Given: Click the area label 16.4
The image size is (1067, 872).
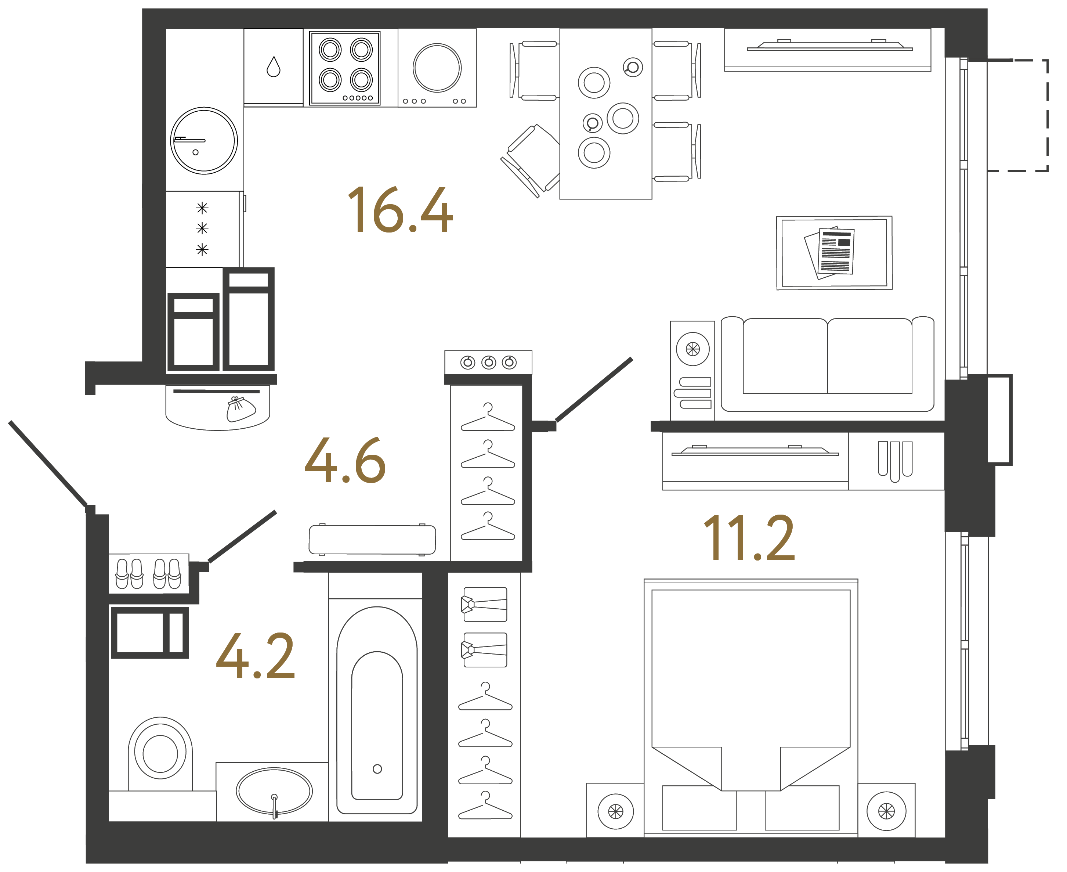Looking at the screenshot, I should click(x=400, y=210).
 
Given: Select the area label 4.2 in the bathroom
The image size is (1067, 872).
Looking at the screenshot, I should click(x=256, y=656).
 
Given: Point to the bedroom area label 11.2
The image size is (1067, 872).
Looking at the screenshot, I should click(x=749, y=538).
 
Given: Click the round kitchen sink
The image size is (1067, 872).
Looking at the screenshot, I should click(x=204, y=141).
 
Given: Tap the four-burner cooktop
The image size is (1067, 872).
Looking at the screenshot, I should click(x=345, y=68).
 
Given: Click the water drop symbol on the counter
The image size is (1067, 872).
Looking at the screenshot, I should click(x=273, y=67).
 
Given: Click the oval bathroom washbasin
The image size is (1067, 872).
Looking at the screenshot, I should click(x=274, y=790).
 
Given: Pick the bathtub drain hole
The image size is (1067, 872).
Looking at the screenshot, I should click(x=377, y=768).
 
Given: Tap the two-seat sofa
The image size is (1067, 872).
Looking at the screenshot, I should click(x=827, y=364).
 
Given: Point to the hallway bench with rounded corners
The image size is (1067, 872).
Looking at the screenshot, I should click(x=372, y=540).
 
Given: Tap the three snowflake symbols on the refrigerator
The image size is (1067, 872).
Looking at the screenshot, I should click(x=202, y=228).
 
